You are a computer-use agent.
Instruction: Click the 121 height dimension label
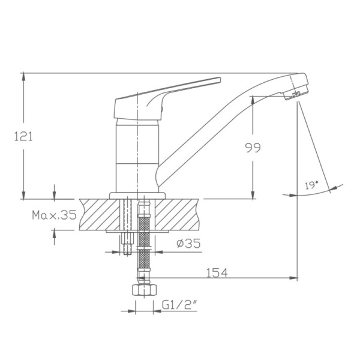pyautogui.click(x=23, y=136)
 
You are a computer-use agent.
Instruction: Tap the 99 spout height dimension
pyautogui.click(x=253, y=148)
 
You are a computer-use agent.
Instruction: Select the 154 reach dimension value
pyautogui.click(x=217, y=273)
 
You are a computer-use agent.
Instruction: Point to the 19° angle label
pyautogui.click(x=312, y=185)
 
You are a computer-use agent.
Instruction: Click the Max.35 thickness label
pyautogui.click(x=54, y=215)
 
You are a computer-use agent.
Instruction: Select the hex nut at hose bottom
pyautogui.click(x=142, y=291)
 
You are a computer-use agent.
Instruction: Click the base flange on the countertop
pyautogui.click(x=138, y=195)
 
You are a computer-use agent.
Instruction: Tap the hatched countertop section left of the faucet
pyautogui.click(x=99, y=213)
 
